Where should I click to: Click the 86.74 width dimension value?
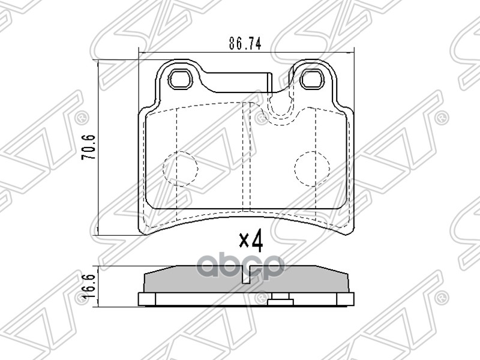[x=245, y=44]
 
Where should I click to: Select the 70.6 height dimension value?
[x=88, y=147]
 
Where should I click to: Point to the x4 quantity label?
[x=251, y=241]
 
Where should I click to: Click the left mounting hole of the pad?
[x=181, y=79]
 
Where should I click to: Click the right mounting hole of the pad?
[x=311, y=79]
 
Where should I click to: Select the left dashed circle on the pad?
[x=181, y=169]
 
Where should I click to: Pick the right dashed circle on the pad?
[x=312, y=169]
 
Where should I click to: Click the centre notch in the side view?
[x=247, y=275]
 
